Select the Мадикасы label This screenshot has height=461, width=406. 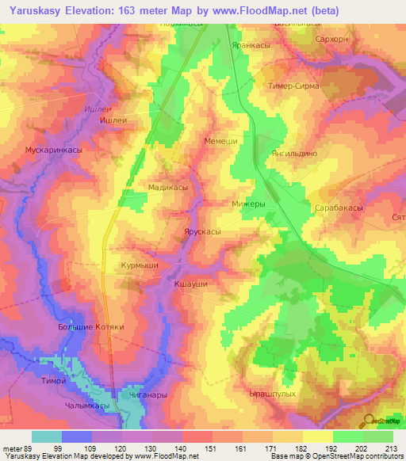pyautogui.click(x=168, y=187)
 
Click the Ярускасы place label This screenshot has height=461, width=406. pyautogui.click(x=201, y=232)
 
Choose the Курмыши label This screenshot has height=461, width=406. pyautogui.click(x=140, y=265)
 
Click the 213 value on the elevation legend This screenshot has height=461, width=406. pyautogui.click(x=392, y=448)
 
